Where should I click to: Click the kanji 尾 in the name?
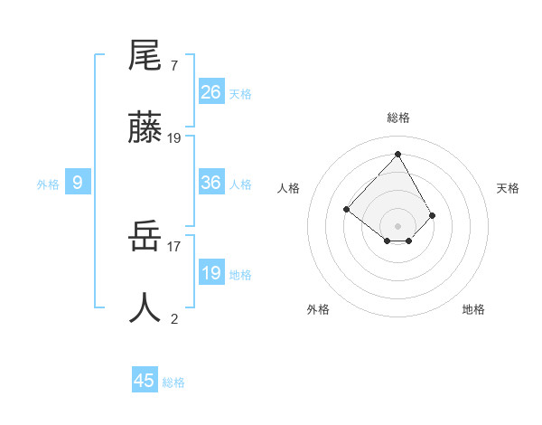pyautogui.click(x=145, y=56)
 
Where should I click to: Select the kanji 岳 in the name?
pyautogui.click(x=145, y=238)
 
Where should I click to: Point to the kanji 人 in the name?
pyautogui.click(x=145, y=307)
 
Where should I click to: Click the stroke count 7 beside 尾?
pyautogui.click(x=173, y=66)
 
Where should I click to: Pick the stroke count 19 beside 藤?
pyautogui.click(x=174, y=138)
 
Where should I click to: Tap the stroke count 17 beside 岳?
pyautogui.click(x=174, y=245)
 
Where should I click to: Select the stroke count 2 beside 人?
pyautogui.click(x=173, y=317)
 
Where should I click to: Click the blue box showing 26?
pyautogui.click(x=211, y=92)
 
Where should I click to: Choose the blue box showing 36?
pyautogui.click(x=211, y=183)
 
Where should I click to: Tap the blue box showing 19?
pyautogui.click(x=211, y=273)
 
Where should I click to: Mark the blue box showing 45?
pyautogui.click(x=145, y=381)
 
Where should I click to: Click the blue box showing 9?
pyautogui.click(x=78, y=183)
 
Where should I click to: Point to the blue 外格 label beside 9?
pyautogui.click(x=48, y=184)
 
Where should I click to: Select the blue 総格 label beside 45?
pyautogui.click(x=173, y=382)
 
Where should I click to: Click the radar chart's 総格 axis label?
pyautogui.click(x=397, y=118)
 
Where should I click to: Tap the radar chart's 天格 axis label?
pyautogui.click(x=508, y=188)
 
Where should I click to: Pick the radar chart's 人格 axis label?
pyautogui.click(x=289, y=188)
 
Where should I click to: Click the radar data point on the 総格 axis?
pyautogui.click(x=397, y=154)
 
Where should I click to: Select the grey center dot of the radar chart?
pyautogui.click(x=397, y=225)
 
